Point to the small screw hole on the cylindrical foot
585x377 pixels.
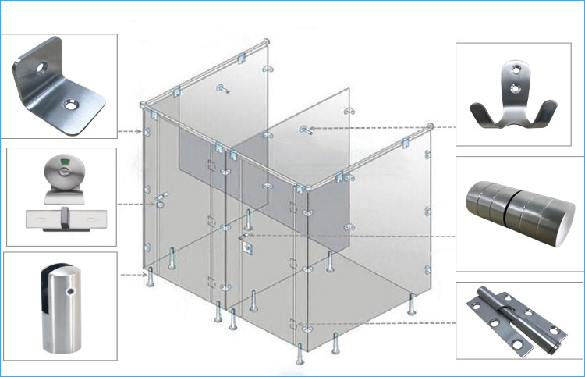71,290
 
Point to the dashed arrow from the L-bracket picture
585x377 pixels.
128,130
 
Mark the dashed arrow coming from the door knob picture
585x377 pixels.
351,236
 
